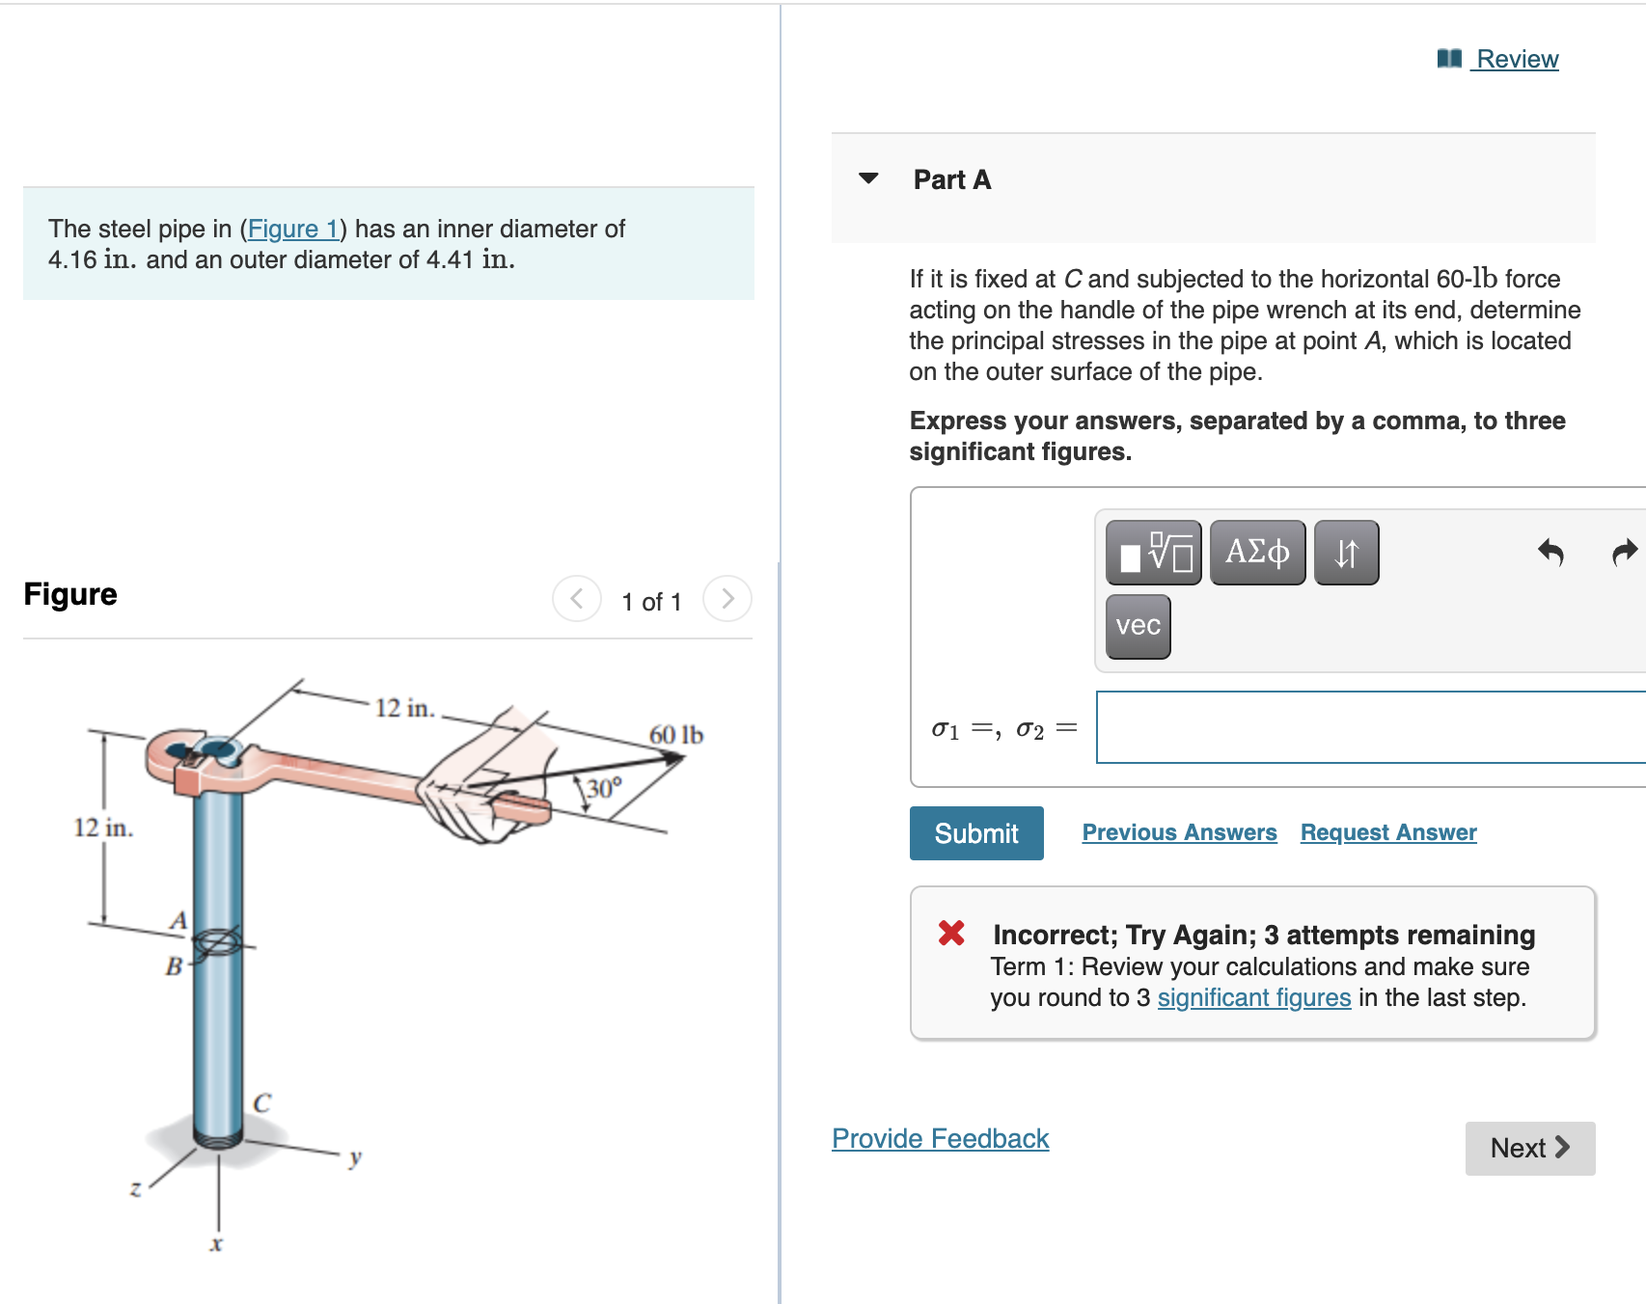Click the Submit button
(x=975, y=832)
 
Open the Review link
(x=1501, y=59)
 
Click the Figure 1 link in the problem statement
(x=292, y=229)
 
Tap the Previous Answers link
(x=1179, y=832)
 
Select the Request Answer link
(x=1387, y=832)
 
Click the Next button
(x=1529, y=1148)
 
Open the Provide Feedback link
(x=940, y=1138)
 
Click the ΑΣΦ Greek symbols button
(x=1256, y=553)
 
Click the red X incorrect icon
(x=951, y=933)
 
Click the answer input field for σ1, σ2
(x=1370, y=727)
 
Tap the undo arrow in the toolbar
(x=1550, y=553)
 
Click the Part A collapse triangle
(x=868, y=178)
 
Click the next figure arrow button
(x=727, y=599)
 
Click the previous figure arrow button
(x=576, y=599)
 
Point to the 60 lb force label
(x=675, y=735)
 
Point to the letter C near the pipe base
(x=261, y=1102)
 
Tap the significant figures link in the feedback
(x=1253, y=997)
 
